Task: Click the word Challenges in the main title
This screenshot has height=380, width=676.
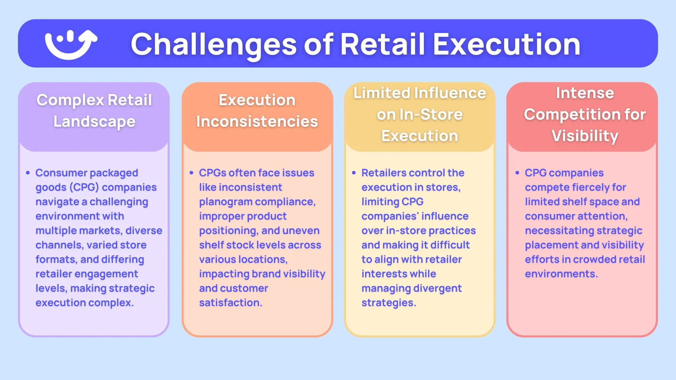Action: click(214, 45)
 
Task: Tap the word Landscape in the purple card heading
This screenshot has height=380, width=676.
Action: click(94, 122)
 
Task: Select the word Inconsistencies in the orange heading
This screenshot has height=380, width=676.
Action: click(257, 122)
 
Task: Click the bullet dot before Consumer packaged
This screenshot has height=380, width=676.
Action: click(28, 173)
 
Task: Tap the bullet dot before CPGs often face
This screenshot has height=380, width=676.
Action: click(192, 173)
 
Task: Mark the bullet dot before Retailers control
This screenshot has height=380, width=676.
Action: click(354, 173)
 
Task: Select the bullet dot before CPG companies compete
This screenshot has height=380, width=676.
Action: click(517, 173)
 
